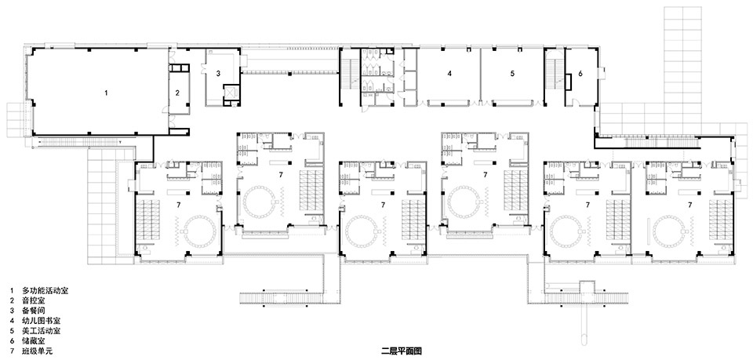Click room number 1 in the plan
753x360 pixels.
click(106, 93)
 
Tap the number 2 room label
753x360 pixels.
click(177, 93)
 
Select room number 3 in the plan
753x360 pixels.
click(218, 74)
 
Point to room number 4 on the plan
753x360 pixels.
click(449, 74)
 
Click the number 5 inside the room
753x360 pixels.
click(512, 74)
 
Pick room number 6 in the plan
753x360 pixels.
click(580, 74)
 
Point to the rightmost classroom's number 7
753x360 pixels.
click(690, 205)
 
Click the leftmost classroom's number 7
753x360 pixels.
click(178, 205)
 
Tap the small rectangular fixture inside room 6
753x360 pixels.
click(569, 82)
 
